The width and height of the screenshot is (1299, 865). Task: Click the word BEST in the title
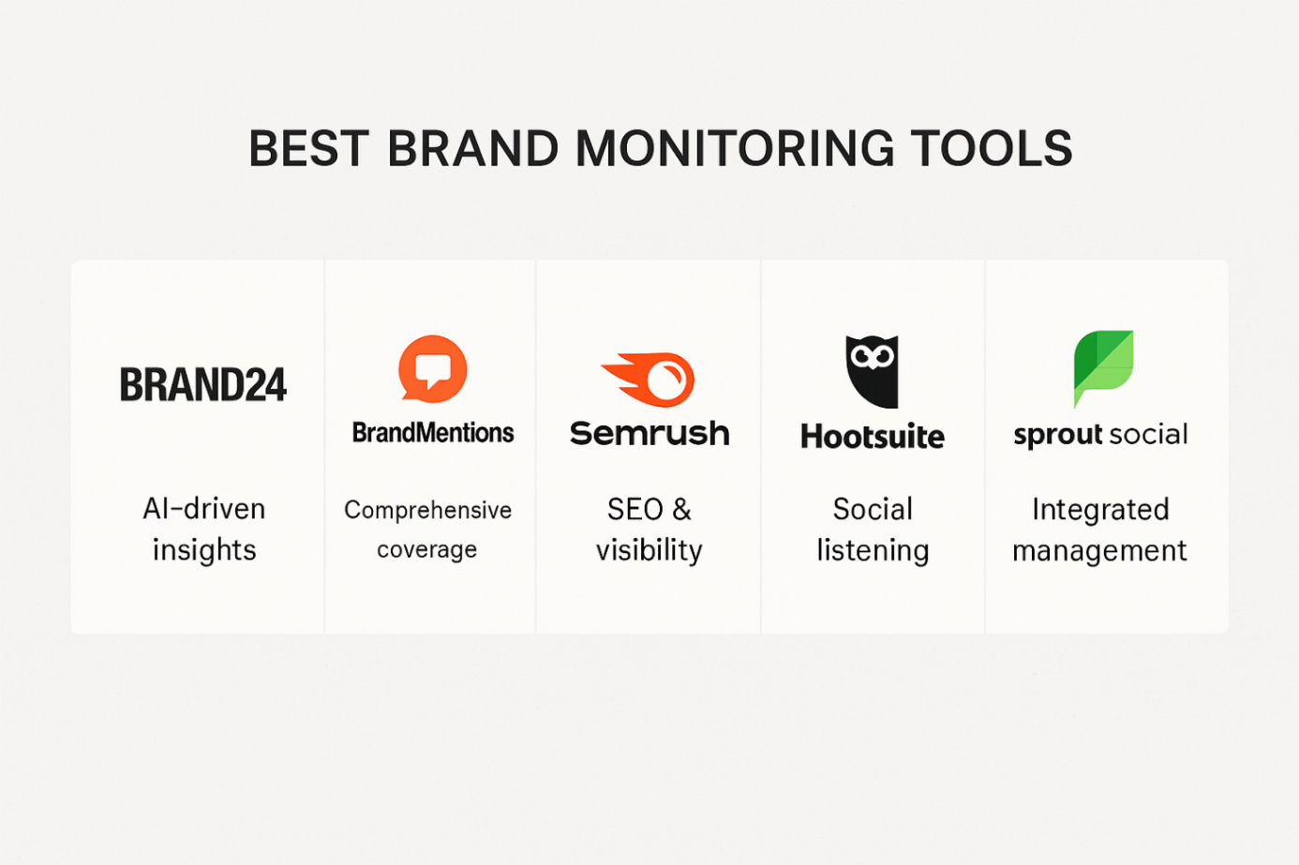click(x=308, y=148)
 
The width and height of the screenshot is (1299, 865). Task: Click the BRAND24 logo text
click(x=203, y=384)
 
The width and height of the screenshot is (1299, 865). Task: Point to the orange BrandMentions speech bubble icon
click(x=433, y=368)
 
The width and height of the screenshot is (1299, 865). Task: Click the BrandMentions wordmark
click(x=433, y=433)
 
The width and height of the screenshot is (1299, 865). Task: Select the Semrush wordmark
click(x=649, y=434)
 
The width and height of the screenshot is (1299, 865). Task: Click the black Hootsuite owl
click(x=872, y=372)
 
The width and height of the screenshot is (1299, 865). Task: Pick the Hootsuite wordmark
click(x=873, y=437)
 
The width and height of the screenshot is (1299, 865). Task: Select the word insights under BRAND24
click(x=204, y=549)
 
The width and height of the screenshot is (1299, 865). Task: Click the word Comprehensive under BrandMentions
click(x=428, y=510)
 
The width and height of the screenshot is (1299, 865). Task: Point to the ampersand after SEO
click(x=682, y=510)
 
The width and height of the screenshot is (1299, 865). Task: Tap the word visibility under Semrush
click(x=649, y=549)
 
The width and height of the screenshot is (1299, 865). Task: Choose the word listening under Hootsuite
click(x=873, y=549)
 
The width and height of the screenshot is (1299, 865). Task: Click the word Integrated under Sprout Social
click(x=1100, y=510)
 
